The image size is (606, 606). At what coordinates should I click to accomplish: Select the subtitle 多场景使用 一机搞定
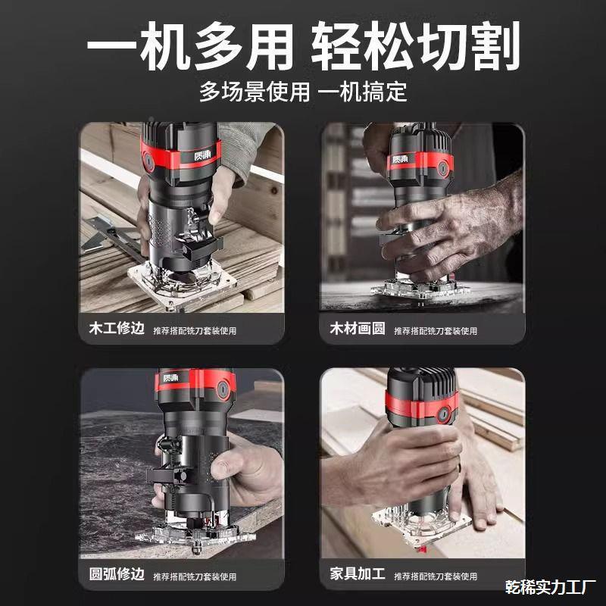pos(303,92)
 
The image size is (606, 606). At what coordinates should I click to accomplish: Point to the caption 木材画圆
pos(357,330)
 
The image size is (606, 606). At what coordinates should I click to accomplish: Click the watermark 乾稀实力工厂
pos(551,586)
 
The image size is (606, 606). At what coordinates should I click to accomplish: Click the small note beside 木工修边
pos(195,331)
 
